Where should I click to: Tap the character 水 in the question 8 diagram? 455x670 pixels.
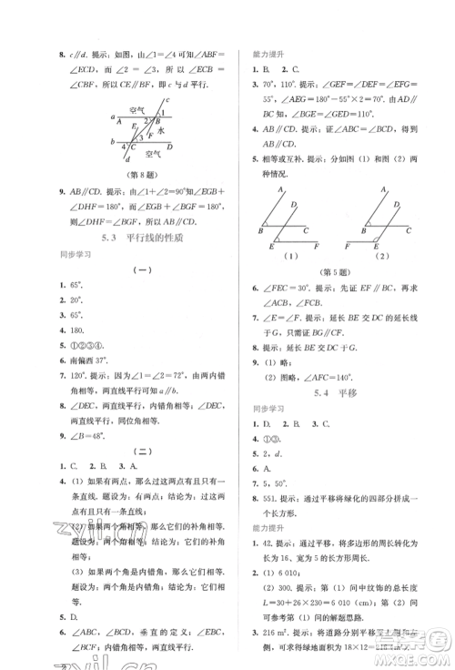pos(159,130)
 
